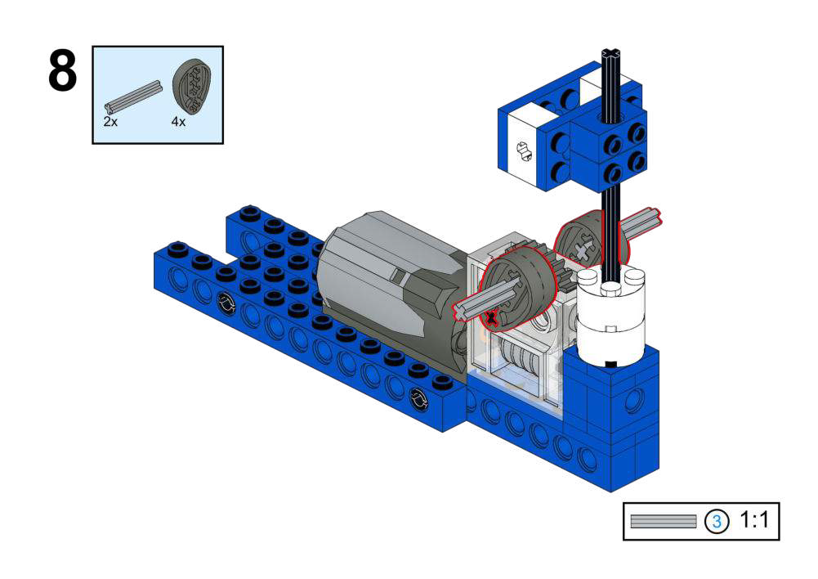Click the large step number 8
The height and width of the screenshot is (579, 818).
[63, 71]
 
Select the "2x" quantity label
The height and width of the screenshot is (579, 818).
[110, 122]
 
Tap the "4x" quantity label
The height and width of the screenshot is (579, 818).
[178, 122]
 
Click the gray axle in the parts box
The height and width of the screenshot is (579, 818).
[133, 97]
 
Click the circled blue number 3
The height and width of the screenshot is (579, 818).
[717, 522]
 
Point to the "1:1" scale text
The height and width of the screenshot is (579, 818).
[754, 520]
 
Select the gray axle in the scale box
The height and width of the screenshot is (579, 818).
[663, 521]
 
